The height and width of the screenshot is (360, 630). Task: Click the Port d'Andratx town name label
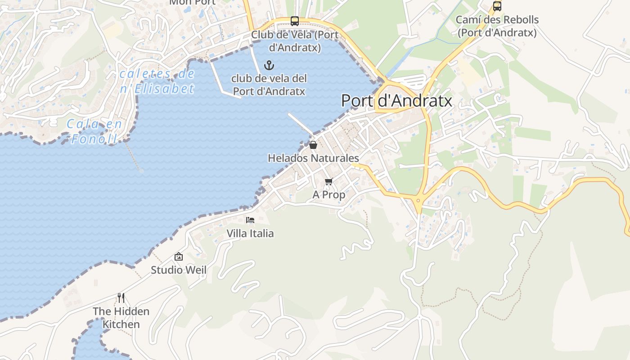[x=396, y=100]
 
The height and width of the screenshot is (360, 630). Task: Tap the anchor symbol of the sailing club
[x=269, y=66]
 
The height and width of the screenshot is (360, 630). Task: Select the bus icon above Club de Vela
[x=295, y=21]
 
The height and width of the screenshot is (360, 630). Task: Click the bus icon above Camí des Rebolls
[x=497, y=6]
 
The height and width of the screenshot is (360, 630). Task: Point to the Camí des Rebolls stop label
[x=497, y=26]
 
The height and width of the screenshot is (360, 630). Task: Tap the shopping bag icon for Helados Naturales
[x=313, y=145]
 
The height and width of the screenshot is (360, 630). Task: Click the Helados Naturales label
[x=313, y=158]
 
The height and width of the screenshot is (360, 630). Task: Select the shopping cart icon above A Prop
[x=328, y=181]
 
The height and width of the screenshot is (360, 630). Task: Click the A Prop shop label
[x=328, y=194]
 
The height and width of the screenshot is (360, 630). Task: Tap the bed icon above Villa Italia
[x=250, y=220]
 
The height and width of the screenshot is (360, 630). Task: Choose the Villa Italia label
[x=250, y=233]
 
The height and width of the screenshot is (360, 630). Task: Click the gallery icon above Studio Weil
[x=179, y=256]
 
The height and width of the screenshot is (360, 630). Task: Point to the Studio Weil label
[x=179, y=270]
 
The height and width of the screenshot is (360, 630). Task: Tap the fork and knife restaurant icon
[x=121, y=297]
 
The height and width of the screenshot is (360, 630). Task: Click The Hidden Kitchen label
[x=121, y=317]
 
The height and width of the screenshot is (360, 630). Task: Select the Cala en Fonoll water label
[x=94, y=131]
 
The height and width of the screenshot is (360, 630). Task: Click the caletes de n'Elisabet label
[x=157, y=81]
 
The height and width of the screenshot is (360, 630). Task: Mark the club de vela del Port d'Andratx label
[x=269, y=85]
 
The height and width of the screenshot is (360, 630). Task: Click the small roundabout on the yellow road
[x=418, y=200]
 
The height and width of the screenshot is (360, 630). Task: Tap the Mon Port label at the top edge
[x=192, y=2]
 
